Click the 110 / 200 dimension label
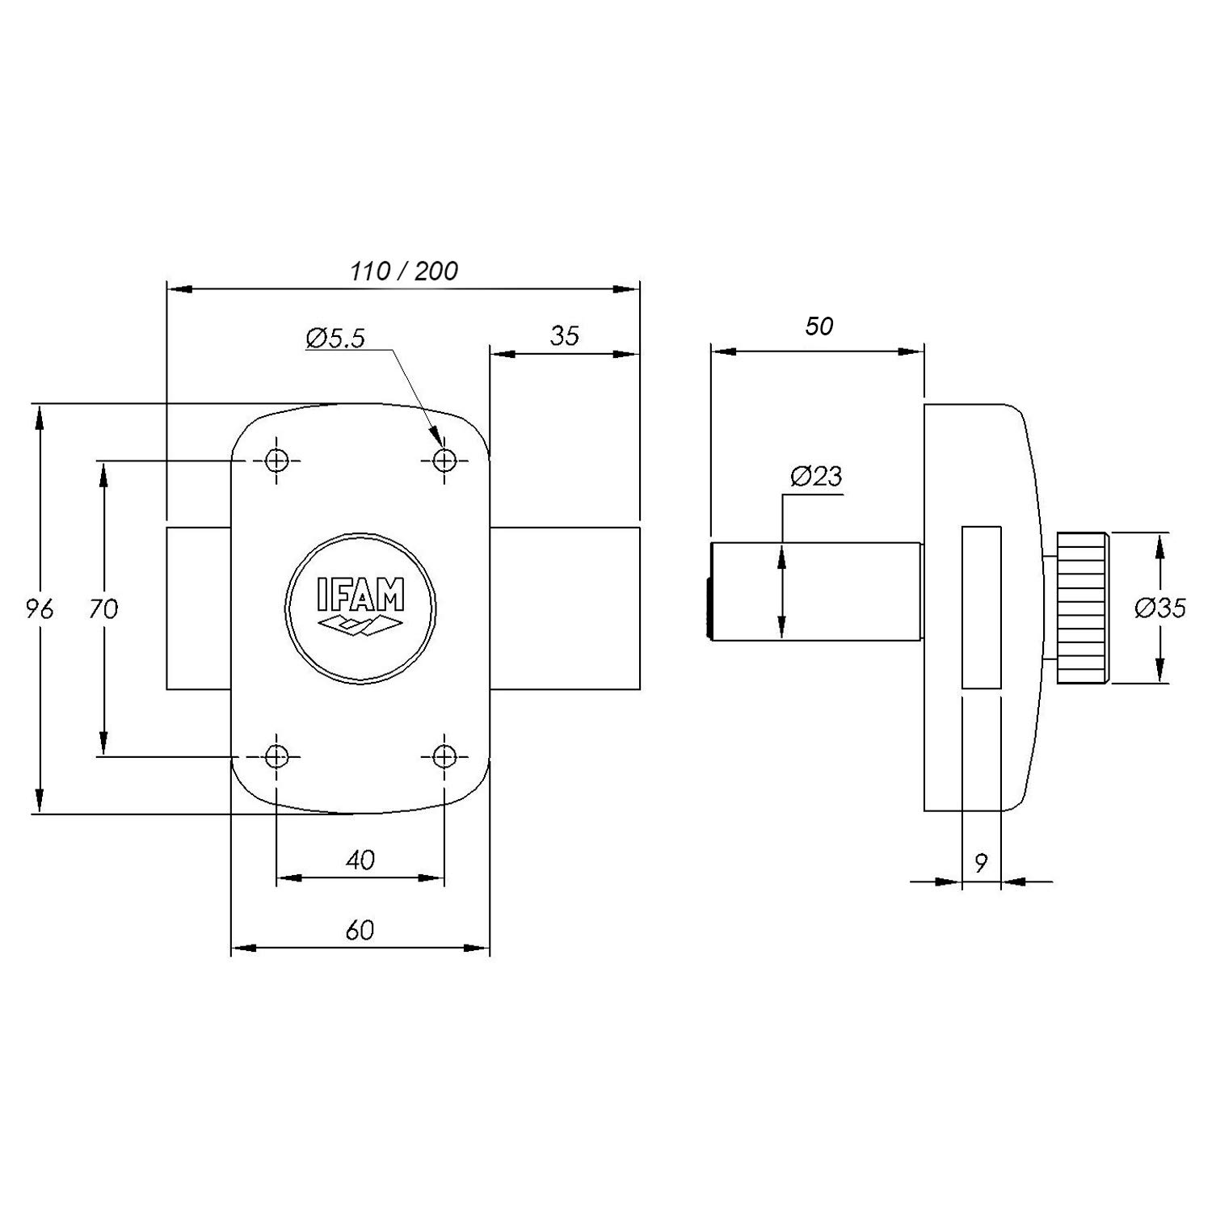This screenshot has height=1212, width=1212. point(404,271)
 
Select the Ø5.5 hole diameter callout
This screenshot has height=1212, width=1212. point(335,338)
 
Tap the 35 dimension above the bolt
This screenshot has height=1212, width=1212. point(565,335)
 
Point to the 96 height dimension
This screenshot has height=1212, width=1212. point(39,608)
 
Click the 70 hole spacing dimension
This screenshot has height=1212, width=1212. point(103,608)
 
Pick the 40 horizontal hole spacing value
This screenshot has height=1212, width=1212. point(360,860)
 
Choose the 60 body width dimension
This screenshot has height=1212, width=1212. point(360,930)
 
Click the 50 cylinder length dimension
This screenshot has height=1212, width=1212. point(819,326)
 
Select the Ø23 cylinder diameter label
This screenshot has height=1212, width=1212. point(816,477)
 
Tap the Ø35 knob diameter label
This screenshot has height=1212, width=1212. point(1160,608)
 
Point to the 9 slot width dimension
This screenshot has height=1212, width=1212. point(981,863)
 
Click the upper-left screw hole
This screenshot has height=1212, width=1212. point(277,461)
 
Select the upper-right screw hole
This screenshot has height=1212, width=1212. point(444,461)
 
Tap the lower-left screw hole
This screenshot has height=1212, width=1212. point(277,756)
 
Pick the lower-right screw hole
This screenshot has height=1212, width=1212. point(444,756)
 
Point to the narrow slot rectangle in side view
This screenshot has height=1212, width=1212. point(982,608)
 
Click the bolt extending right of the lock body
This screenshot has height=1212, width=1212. point(565,608)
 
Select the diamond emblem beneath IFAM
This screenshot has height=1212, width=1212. point(360,625)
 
